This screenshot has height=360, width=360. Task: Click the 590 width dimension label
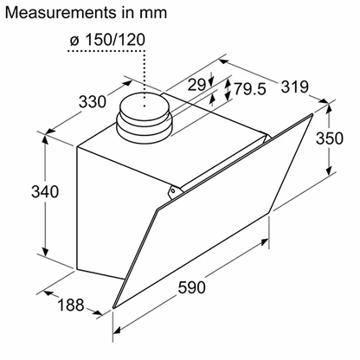coord(192,287)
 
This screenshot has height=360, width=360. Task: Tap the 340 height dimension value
coord(45,191)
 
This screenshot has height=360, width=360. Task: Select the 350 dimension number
coord(330,138)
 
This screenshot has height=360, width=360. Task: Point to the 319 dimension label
coord(295,87)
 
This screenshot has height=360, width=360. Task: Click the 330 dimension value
coord(93,101)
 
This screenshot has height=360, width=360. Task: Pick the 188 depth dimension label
coord(71,305)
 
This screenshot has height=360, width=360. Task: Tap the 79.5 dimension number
coord(250,88)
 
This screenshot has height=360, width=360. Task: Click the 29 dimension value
coord(196,85)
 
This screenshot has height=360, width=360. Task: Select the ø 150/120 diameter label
coord(107,40)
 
